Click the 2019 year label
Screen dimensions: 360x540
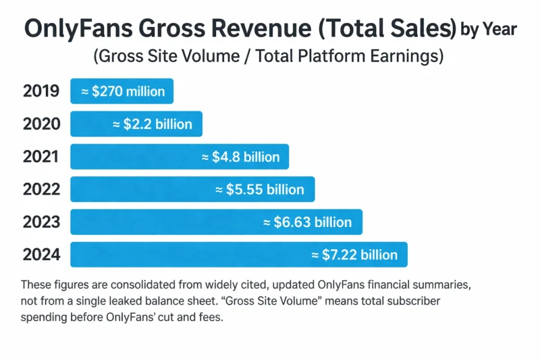[x=41, y=91]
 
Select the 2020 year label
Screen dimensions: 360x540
[x=41, y=124]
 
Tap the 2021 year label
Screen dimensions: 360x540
[x=41, y=157]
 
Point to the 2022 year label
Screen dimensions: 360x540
[x=41, y=189]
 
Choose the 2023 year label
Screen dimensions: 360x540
[x=41, y=222]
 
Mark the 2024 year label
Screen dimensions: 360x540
[x=41, y=255]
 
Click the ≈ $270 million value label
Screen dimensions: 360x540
[x=122, y=91]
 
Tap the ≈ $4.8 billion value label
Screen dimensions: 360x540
[x=240, y=157]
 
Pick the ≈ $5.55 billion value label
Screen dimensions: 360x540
[x=261, y=189]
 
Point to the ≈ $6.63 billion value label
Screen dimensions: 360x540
[x=307, y=222]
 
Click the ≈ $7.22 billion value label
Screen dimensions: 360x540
[x=354, y=255]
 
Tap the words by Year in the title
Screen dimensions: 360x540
[x=488, y=29]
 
